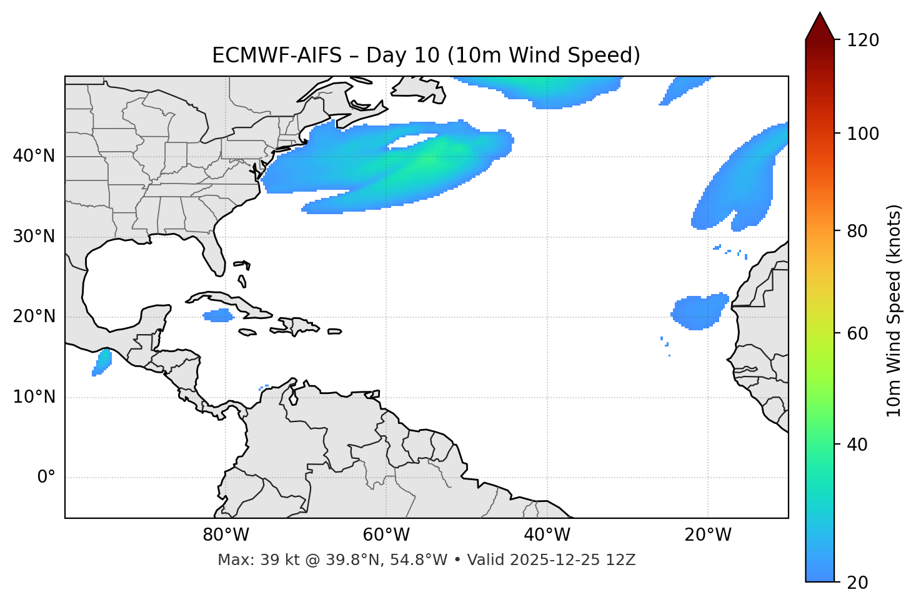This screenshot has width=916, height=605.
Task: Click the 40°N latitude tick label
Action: [34, 156]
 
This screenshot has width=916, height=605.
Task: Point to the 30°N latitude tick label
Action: [34, 237]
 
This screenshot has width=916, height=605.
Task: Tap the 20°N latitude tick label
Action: [34, 317]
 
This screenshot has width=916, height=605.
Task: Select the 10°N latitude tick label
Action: [34, 397]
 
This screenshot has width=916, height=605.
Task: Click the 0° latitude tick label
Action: [46, 478]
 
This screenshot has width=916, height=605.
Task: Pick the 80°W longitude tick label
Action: [226, 535]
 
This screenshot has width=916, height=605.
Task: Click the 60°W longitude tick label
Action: [386, 535]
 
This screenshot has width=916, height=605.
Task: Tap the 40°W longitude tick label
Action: [547, 535]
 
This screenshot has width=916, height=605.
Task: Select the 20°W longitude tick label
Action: [708, 535]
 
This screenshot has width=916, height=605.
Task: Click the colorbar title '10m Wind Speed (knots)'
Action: [894, 310]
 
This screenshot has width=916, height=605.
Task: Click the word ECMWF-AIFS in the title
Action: [277, 56]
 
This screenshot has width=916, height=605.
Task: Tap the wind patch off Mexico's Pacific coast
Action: [102, 362]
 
